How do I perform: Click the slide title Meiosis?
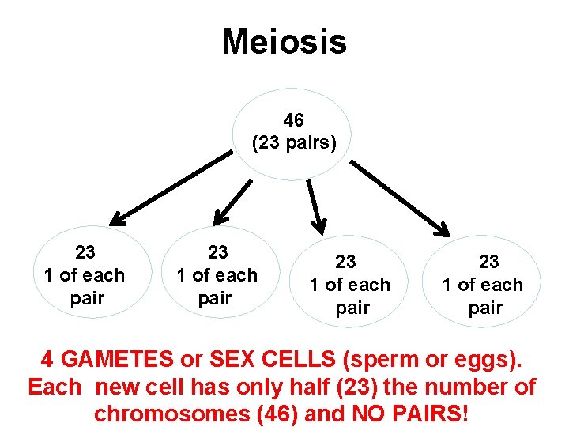point(284,41)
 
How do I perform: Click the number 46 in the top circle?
point(294,121)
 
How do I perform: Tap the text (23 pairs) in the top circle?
point(294,143)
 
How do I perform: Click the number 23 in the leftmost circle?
point(85,252)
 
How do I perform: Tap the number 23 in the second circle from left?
point(217,252)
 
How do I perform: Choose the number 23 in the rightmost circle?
point(488,262)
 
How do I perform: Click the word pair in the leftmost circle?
point(86,299)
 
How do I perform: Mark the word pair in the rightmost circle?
point(485,308)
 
